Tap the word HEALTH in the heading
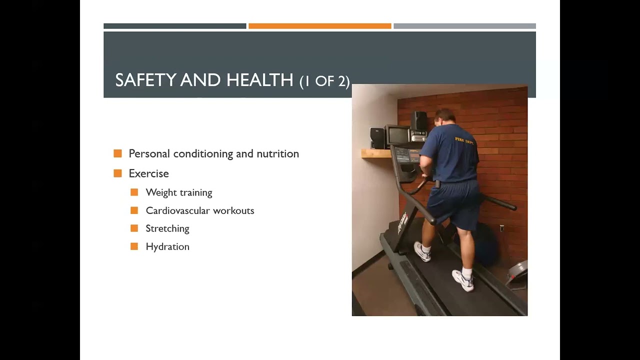pos(259,80)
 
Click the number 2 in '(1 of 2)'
pos(342,81)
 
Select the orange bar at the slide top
pos(319,26)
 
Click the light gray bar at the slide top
pos(464,26)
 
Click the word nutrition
pos(277,154)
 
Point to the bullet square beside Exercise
pos(118,173)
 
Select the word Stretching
pos(167,228)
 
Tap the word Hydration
pos(167,246)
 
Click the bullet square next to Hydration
pos(134,246)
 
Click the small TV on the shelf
pos(396,135)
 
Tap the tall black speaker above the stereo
pos(419,121)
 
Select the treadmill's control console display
pos(408,155)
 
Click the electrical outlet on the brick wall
pos(502,228)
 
